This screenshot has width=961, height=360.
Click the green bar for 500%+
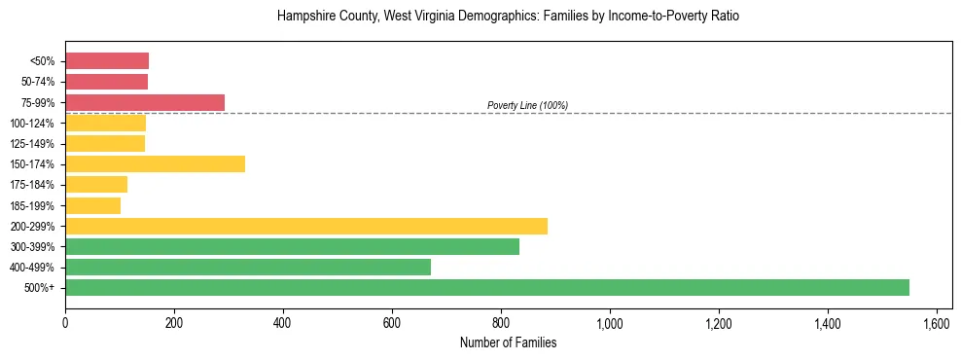coord(486,287)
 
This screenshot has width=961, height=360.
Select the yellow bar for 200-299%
coord(306,226)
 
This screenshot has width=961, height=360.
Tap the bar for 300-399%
coord(292,246)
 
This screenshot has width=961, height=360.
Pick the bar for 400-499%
coord(248,267)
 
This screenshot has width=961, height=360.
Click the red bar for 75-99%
coord(145,102)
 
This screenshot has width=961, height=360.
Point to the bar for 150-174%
coord(155,163)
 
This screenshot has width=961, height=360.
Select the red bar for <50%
coord(107,61)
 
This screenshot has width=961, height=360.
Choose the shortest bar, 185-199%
coord(92,205)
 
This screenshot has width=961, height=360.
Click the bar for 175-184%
coord(96,185)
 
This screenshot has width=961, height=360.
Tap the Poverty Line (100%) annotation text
coord(527,105)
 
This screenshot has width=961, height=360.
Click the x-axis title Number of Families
coord(508,342)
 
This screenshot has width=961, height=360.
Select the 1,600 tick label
coord(937,322)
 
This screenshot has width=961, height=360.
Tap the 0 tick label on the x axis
coord(65,322)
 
